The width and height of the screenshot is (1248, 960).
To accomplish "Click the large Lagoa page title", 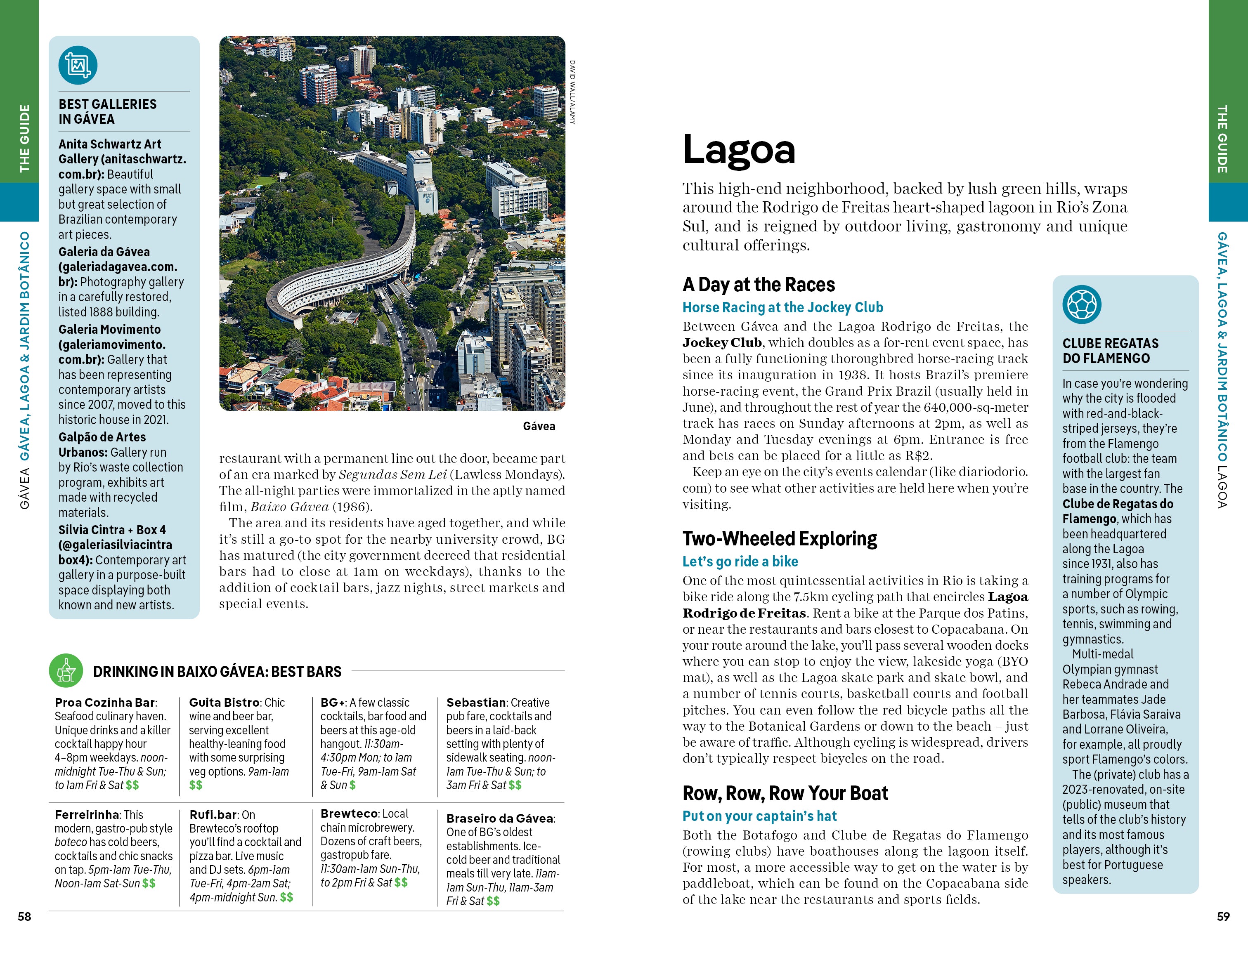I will pyautogui.click(x=738, y=150).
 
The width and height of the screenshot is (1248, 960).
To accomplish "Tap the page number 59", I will pyautogui.click(x=1223, y=916).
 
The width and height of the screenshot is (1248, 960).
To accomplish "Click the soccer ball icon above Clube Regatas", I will pyautogui.click(x=1082, y=304).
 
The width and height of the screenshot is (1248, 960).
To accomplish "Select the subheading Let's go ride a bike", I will pyautogui.click(x=740, y=561).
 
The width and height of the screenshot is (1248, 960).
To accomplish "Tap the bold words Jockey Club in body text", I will pyautogui.click(x=722, y=343).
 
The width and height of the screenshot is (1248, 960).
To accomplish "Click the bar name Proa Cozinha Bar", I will pyautogui.click(x=104, y=703).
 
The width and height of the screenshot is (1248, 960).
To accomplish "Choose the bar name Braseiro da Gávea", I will pyautogui.click(x=499, y=818).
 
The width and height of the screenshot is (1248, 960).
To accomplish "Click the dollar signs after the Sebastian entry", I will pyautogui.click(x=514, y=785).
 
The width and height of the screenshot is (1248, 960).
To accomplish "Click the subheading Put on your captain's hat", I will pyautogui.click(x=759, y=816).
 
